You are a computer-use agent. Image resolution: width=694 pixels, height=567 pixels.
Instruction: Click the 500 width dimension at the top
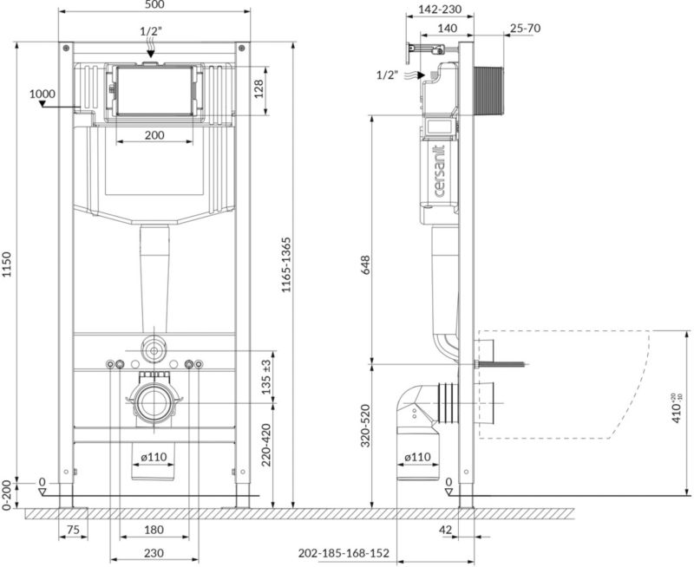coord(154,5)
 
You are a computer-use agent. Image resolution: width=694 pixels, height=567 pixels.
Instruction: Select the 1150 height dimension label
coord(7,265)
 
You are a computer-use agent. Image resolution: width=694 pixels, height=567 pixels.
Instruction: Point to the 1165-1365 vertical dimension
coord(286,265)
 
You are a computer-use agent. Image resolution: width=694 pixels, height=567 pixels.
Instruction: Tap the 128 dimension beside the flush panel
coord(259,89)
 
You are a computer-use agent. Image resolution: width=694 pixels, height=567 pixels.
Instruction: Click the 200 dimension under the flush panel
coord(154,135)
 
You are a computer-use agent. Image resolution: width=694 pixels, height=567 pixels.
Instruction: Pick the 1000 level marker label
coord(43,94)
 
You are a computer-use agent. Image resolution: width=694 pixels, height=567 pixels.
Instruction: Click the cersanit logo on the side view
coord(439,171)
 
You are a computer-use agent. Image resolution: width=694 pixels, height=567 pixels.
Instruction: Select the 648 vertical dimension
coord(365,265)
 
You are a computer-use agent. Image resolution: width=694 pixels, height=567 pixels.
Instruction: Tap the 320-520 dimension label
coord(365,425)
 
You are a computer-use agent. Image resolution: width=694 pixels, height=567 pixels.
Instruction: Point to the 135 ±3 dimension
coord(265,377)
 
